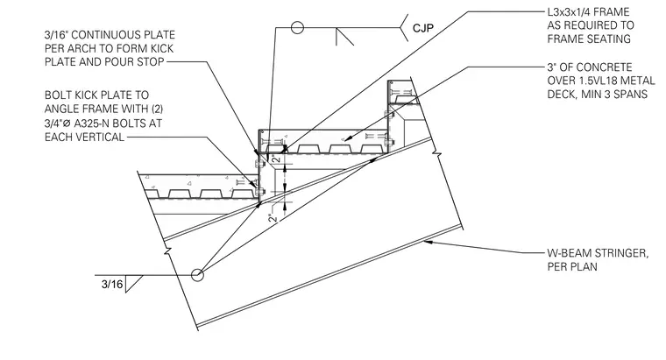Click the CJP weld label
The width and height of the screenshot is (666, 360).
pos(423,28)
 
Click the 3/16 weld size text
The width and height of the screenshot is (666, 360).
pos(112,284)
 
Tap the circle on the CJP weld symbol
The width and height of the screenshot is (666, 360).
pos(297,28)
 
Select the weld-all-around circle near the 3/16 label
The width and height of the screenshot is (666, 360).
pos(197,275)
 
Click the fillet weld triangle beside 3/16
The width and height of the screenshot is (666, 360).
pos(132,284)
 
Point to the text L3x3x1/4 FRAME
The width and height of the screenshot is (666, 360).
pos(588,12)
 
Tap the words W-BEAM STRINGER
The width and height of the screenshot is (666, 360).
pos(598,253)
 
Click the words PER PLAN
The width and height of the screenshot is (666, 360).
pos(572,266)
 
